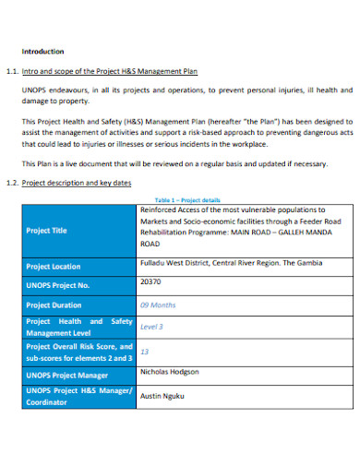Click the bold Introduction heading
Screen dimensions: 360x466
click(42, 52)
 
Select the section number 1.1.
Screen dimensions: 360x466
click(12, 71)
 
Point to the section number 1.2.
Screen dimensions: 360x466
click(12, 183)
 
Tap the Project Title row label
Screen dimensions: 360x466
click(47, 231)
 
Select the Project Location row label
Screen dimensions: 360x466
click(54, 266)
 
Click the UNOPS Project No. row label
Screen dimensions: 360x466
click(58, 285)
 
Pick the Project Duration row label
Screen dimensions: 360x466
click(54, 305)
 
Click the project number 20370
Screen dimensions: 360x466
click(150, 281)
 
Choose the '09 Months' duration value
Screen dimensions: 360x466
click(157, 305)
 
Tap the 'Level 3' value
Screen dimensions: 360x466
click(151, 327)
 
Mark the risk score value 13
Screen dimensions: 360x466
click(144, 352)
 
